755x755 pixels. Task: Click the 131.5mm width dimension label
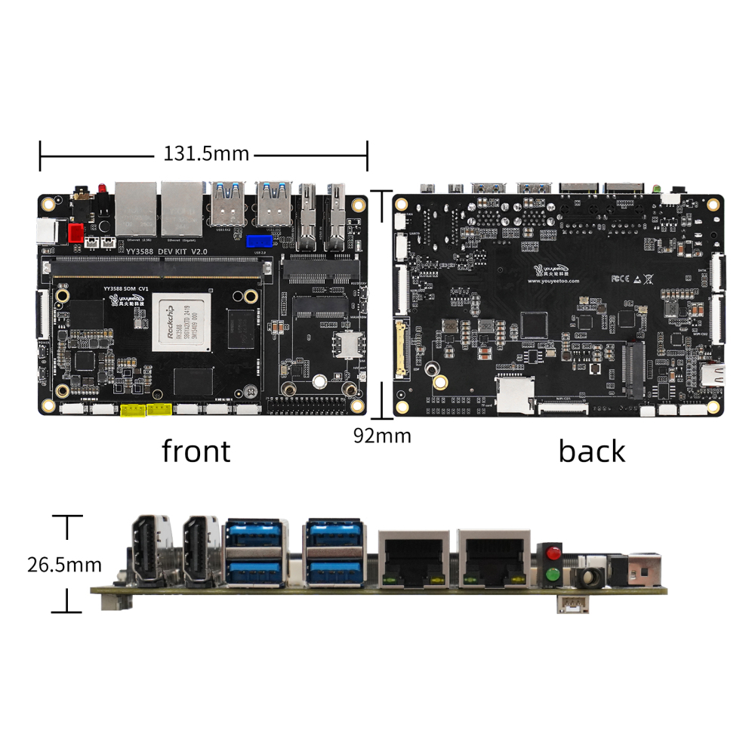206,154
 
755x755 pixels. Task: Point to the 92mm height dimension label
382,436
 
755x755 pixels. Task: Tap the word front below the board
196,451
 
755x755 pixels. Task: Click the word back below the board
592,451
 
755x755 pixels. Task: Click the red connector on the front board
76,232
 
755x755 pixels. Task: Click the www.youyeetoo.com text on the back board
553,281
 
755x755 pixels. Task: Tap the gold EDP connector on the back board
400,349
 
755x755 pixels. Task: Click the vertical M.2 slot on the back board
633,370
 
